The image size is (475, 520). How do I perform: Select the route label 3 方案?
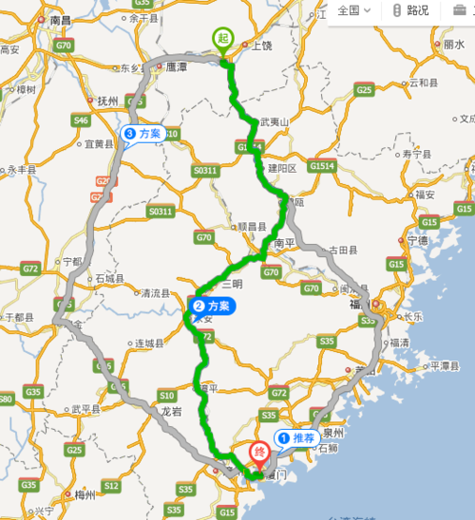point(142,134)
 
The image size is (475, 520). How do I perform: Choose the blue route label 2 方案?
point(211,306)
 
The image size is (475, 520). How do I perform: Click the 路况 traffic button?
point(410,10)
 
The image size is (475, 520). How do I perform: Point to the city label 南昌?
point(61,19)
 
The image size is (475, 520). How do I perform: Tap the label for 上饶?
point(258,45)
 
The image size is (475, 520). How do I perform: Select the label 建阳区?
point(282,167)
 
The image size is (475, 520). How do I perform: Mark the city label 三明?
point(232,284)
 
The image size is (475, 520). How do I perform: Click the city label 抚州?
point(106,99)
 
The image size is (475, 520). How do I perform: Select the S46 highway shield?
point(81,120)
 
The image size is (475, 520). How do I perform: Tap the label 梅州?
point(85,494)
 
